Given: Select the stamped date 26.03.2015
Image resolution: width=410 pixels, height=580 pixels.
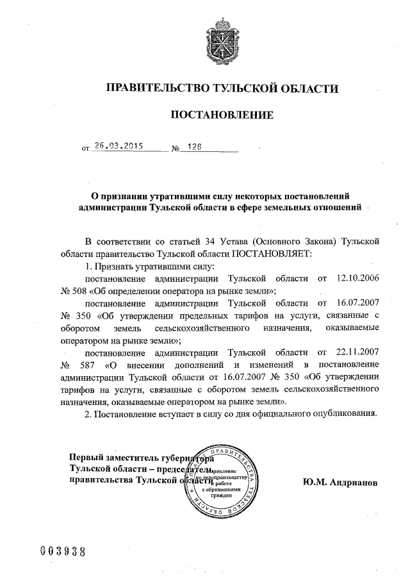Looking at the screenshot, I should [x=117, y=146].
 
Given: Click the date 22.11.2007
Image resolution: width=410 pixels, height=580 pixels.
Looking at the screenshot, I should [x=355, y=352].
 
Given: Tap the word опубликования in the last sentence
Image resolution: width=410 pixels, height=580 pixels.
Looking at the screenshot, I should [x=339, y=413].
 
